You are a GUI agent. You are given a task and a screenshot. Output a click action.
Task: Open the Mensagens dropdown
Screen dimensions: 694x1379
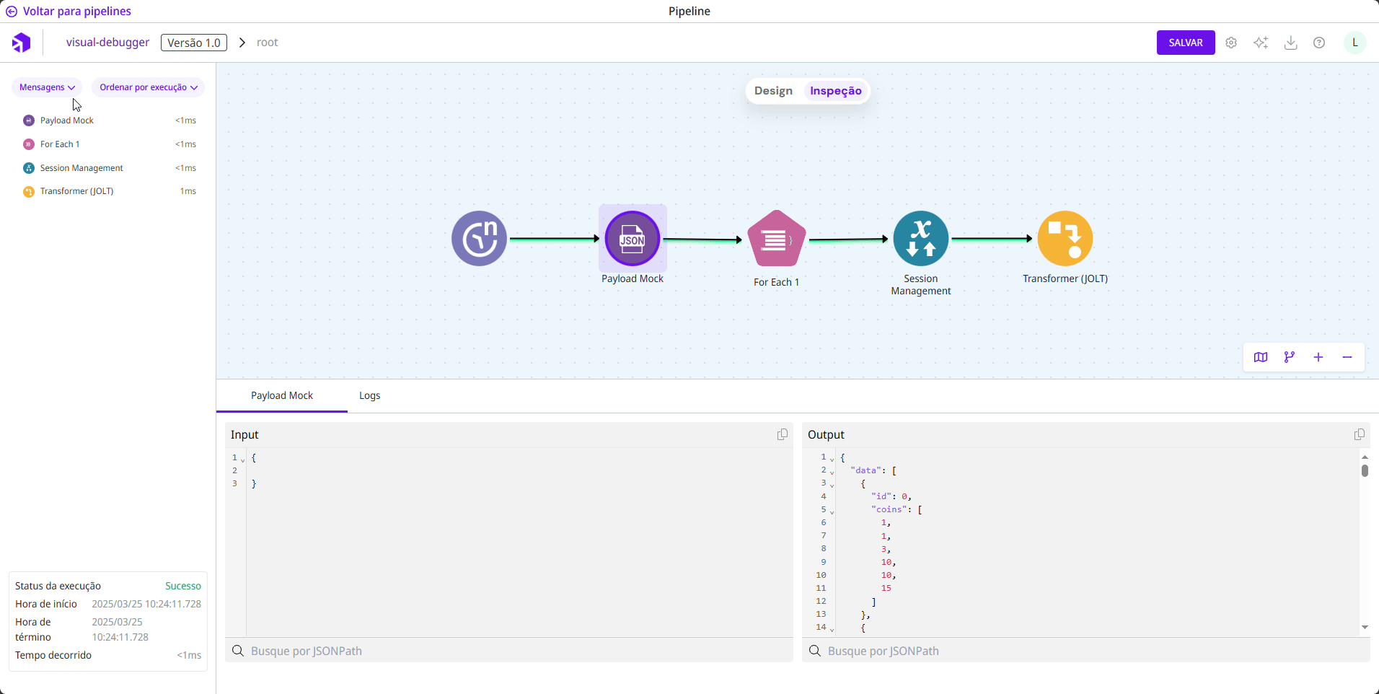(47, 87)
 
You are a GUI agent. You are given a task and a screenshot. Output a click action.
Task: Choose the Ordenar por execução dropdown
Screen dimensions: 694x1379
(148, 87)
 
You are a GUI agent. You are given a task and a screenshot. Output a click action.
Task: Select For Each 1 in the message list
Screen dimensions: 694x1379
(60, 144)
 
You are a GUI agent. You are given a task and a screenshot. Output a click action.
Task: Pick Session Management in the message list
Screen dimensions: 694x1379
(81, 168)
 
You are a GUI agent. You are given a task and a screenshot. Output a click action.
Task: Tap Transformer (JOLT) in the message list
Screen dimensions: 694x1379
(76, 191)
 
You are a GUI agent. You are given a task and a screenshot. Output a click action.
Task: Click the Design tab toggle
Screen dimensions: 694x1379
(773, 91)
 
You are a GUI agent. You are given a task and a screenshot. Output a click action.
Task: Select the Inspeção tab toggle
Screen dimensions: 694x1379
(835, 91)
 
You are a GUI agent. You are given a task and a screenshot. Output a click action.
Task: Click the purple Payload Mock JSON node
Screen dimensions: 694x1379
(633, 239)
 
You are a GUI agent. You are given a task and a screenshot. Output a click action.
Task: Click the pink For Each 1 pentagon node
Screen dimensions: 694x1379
(776, 240)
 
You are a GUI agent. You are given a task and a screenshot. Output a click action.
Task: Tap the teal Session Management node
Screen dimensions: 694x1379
(921, 239)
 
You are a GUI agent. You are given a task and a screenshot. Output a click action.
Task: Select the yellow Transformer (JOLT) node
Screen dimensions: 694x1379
(1065, 239)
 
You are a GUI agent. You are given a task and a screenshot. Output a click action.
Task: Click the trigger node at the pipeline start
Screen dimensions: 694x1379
(479, 239)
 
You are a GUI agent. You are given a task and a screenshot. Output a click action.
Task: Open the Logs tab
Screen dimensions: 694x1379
(369, 395)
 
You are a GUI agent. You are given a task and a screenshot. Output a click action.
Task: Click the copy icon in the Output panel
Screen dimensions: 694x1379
(1360, 434)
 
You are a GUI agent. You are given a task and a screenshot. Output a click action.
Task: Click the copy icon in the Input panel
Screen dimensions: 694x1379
(783, 434)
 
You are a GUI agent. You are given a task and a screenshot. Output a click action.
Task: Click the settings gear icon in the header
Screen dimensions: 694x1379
(1231, 43)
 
